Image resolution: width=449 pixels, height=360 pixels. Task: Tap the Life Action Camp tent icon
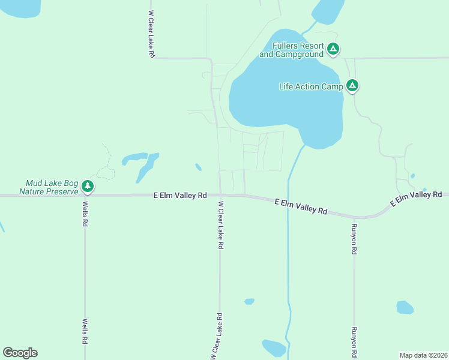click(352, 86)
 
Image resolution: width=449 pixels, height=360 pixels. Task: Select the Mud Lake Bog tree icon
click(88, 187)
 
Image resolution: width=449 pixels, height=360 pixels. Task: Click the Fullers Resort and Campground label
click(292, 50)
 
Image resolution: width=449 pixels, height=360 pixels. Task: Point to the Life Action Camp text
click(310, 86)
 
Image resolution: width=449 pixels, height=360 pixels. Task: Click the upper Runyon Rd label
click(354, 239)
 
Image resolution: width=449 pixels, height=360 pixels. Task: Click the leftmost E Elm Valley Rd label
click(180, 195)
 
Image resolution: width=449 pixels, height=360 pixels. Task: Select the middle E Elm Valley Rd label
click(301, 207)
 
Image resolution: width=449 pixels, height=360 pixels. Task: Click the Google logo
click(20, 353)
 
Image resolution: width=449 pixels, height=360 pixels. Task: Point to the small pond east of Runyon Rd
click(405, 307)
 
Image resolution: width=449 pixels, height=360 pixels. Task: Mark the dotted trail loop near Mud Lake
click(106, 173)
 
